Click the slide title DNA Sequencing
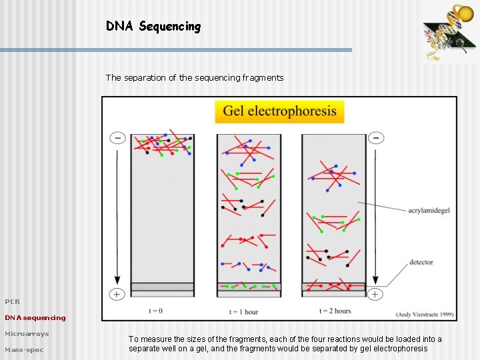(153, 27)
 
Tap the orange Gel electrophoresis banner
(279, 111)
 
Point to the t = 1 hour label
(243, 311)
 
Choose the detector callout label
(421, 262)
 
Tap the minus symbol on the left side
(117, 138)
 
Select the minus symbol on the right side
(376, 138)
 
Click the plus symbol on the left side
(117, 294)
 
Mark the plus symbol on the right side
(376, 294)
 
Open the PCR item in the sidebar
(13, 301)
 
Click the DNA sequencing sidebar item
(35, 317)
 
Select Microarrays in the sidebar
(27, 333)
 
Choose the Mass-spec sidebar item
(24, 349)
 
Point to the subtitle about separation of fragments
(194, 77)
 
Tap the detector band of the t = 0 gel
(162, 287)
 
